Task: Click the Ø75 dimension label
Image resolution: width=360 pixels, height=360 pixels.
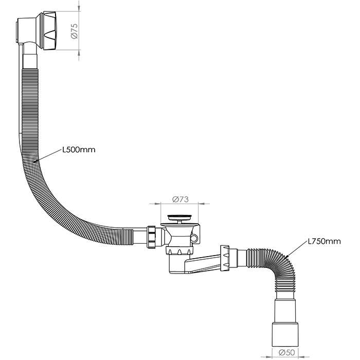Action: point(75,32)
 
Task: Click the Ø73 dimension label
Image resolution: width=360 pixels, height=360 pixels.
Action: point(179,199)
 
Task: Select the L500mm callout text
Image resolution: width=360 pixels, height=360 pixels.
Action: point(79,150)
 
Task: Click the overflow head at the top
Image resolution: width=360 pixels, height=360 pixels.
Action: point(41,29)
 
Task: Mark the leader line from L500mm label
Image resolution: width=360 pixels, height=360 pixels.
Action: point(49,155)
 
